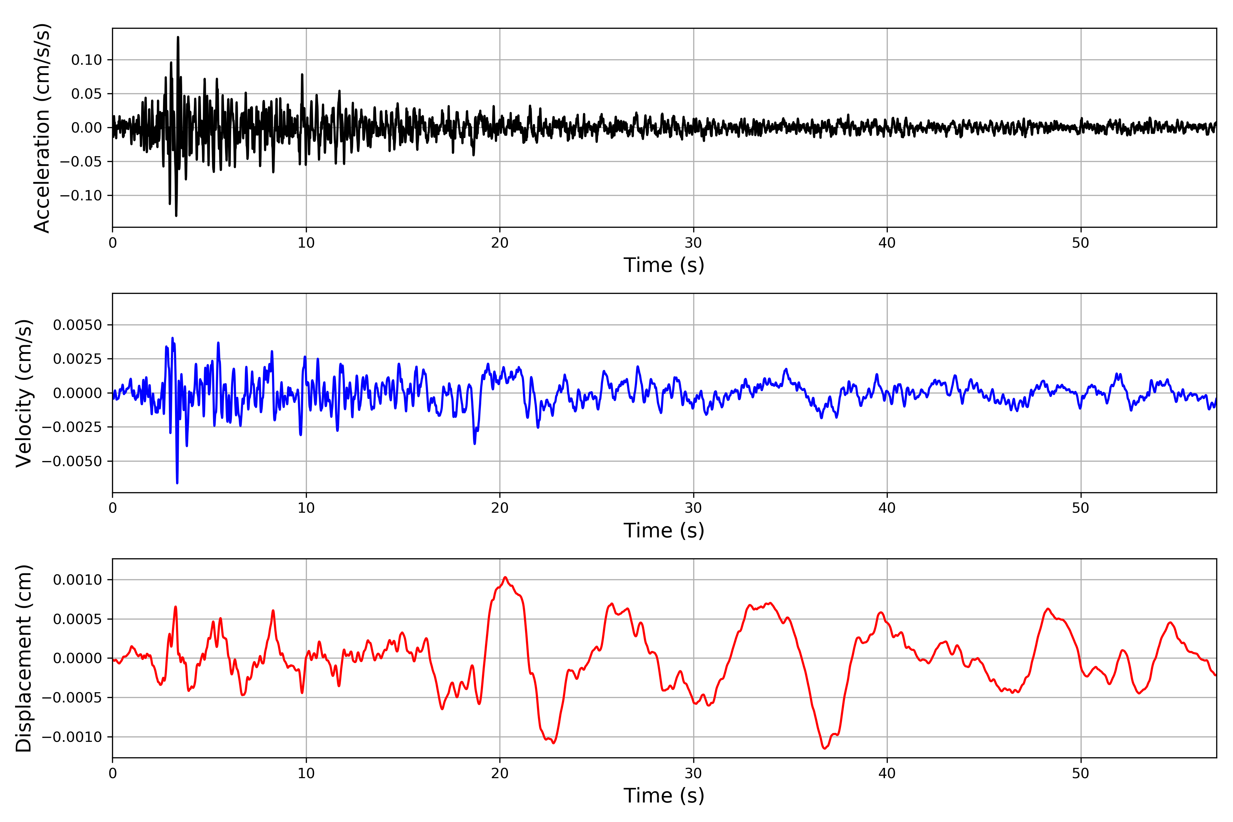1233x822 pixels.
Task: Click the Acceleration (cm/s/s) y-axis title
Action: click(42, 128)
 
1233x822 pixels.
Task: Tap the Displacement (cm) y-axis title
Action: click(24, 658)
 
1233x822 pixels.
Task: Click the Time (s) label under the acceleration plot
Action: click(664, 265)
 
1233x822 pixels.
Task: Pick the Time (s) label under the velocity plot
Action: click(664, 531)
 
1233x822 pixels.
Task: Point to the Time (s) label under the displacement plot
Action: click(664, 796)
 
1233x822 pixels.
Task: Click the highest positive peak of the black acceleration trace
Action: click(178, 37)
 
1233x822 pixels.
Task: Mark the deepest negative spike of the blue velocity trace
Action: click(177, 482)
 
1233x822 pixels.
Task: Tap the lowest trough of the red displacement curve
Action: click(825, 748)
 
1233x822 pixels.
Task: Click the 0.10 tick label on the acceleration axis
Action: click(87, 60)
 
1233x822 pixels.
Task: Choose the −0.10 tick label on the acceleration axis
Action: click(81, 196)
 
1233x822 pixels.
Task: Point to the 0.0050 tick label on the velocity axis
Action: click(78, 325)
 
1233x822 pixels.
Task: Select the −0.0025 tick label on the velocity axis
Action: click(72, 427)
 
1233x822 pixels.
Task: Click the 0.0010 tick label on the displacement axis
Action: click(78, 580)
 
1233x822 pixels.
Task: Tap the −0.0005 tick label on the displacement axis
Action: click(72, 698)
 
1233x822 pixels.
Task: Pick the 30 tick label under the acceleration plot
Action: click(693, 243)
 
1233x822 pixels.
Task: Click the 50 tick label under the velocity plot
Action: click(1081, 508)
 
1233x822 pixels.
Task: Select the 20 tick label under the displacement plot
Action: click(500, 773)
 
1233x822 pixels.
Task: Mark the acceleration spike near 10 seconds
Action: click(302, 75)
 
